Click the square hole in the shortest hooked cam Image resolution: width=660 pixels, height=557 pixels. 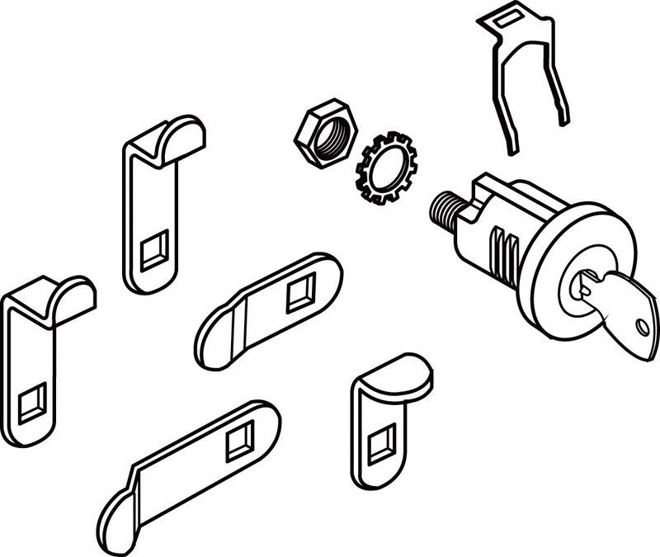(381, 446)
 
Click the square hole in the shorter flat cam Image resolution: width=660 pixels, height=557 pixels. (300, 295)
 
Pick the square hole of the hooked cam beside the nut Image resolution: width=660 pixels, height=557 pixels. (154, 251)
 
